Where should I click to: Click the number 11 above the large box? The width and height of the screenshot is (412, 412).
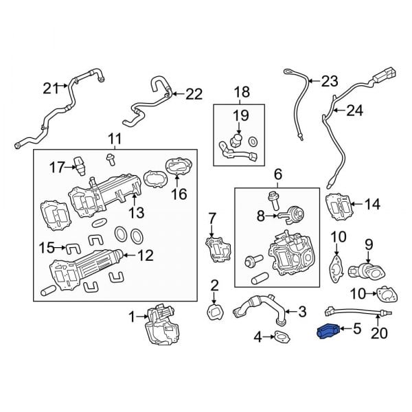(x=114, y=139)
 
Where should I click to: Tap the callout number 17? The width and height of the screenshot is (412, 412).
(x=57, y=166)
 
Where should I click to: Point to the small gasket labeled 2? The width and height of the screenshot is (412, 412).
(x=214, y=311)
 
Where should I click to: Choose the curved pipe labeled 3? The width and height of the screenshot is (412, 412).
(x=257, y=307)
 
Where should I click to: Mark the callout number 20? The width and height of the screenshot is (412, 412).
(x=379, y=334)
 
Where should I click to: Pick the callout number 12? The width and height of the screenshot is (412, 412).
(x=146, y=256)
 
